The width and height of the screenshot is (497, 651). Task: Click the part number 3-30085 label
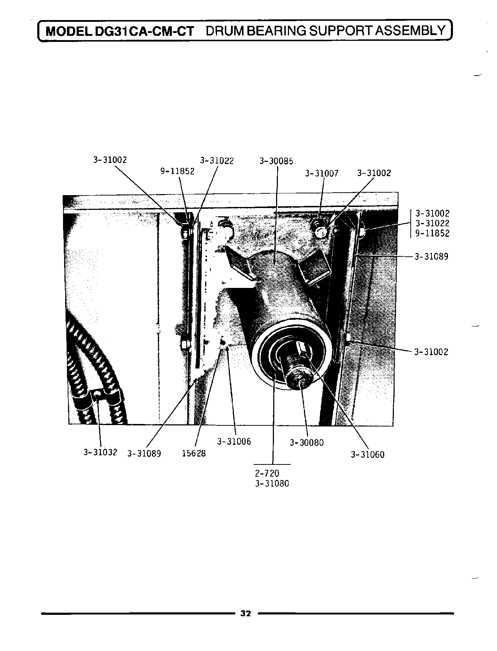pyautogui.click(x=276, y=161)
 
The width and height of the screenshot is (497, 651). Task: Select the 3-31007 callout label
pyautogui.click(x=322, y=174)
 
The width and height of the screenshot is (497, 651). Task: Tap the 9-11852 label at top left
pyautogui.click(x=177, y=171)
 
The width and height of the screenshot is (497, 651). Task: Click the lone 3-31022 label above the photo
pyautogui.click(x=217, y=161)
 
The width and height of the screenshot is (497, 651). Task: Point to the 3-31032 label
pyautogui.click(x=100, y=452)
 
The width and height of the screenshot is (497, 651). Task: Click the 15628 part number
pyautogui.click(x=194, y=453)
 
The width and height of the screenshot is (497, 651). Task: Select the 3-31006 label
pyautogui.click(x=234, y=442)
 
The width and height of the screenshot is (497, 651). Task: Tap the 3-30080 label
pyautogui.click(x=307, y=443)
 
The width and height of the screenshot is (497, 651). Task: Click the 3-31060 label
pyautogui.click(x=367, y=455)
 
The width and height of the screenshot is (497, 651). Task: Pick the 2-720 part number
pyautogui.click(x=267, y=473)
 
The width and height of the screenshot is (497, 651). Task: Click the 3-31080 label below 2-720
pyautogui.click(x=272, y=483)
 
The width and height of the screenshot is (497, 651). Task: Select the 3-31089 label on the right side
pyautogui.click(x=431, y=257)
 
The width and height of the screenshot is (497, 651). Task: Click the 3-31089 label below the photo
pyautogui.click(x=144, y=454)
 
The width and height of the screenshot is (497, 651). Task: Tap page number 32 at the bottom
pyautogui.click(x=246, y=613)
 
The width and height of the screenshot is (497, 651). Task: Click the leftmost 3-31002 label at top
pyautogui.click(x=110, y=160)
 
